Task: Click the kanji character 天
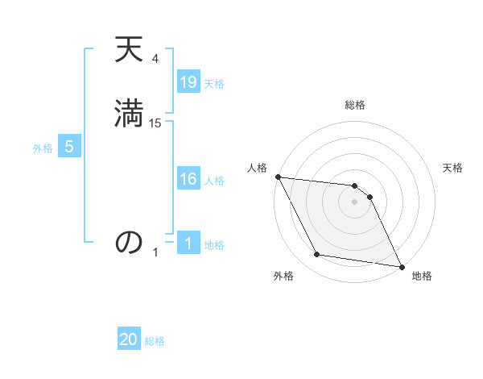pyautogui.click(x=129, y=51)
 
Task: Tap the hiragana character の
pyautogui.click(x=129, y=242)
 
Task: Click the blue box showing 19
pyautogui.click(x=188, y=82)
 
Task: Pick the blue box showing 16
pyautogui.click(x=188, y=180)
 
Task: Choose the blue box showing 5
pyautogui.click(x=69, y=148)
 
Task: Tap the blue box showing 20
pyautogui.click(x=129, y=340)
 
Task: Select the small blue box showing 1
pyautogui.click(x=188, y=244)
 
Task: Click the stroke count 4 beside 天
pyautogui.click(x=155, y=58)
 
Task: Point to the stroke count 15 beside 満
pyautogui.click(x=155, y=123)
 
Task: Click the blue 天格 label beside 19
pyautogui.click(x=214, y=84)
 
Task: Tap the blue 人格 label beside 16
pyautogui.click(x=214, y=181)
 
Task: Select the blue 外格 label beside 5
pyautogui.click(x=43, y=148)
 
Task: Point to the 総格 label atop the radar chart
pyautogui.click(x=355, y=105)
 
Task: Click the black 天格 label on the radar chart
pyautogui.click(x=453, y=168)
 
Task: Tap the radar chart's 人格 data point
pyautogui.click(x=278, y=177)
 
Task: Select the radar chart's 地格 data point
pyautogui.click(x=400, y=266)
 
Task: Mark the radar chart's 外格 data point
pyautogui.click(x=317, y=255)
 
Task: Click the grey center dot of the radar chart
pyautogui.click(x=354, y=202)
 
